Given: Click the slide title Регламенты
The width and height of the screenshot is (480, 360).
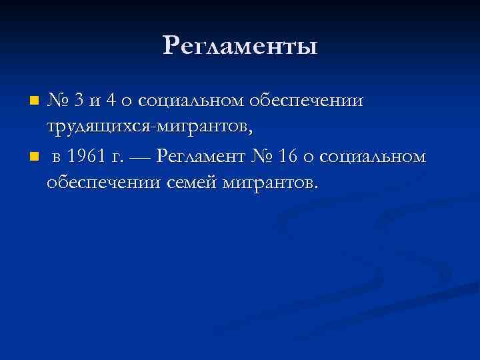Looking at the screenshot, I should (240, 46).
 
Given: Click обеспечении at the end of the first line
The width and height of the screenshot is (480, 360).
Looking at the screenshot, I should (308, 101).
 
